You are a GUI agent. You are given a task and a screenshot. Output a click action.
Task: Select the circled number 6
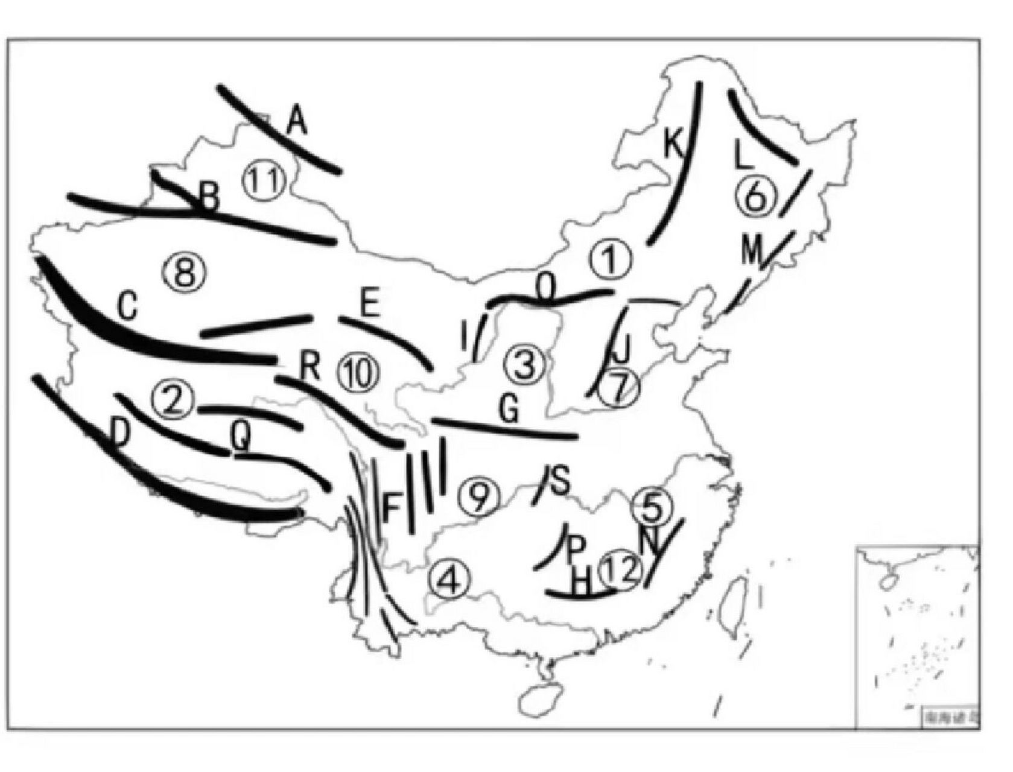point(755,197)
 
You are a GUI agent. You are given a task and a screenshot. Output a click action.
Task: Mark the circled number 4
point(449,581)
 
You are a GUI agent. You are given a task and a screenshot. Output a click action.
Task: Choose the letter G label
point(509,410)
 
